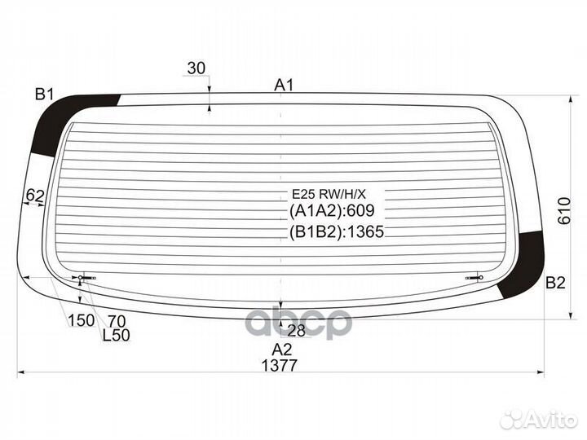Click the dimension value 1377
tap(280, 365)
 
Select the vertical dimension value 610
tap(564, 211)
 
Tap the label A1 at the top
tap(284, 86)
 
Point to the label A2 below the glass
tap(281, 350)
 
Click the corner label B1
tap(45, 95)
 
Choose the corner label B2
tap(555, 283)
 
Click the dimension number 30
tap(196, 68)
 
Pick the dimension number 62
tap(35, 196)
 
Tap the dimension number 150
tap(81, 320)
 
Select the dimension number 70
tap(117, 321)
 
